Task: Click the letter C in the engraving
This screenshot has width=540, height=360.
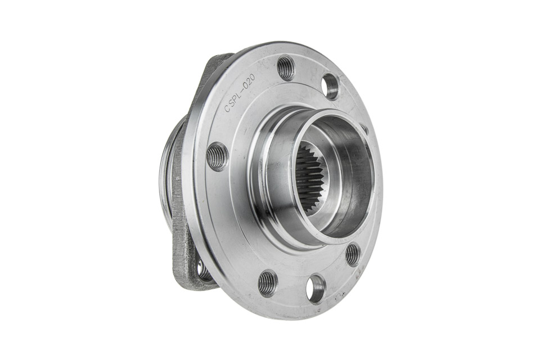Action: point(227,108)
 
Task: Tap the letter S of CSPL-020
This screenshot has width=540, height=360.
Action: point(232,103)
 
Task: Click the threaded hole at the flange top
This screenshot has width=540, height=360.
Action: point(286,68)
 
